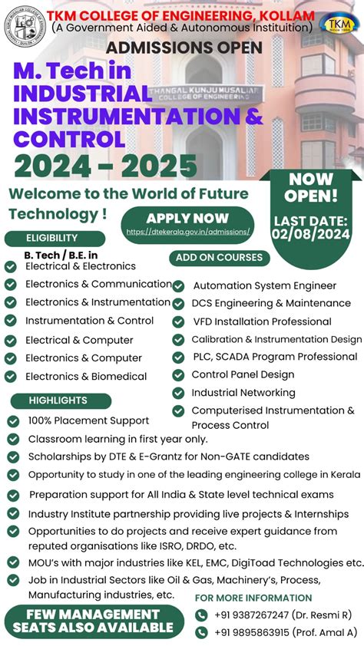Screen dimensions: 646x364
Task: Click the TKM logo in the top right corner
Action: [x=339, y=23]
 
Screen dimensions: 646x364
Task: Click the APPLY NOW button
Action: [x=187, y=218]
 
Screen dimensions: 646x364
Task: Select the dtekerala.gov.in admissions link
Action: [x=188, y=231]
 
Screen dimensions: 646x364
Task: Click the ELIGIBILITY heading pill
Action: [x=52, y=238]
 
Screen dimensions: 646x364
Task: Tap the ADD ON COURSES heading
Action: [x=219, y=258]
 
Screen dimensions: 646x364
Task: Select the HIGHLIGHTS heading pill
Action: [x=58, y=400]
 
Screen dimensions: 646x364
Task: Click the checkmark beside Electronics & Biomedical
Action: [x=11, y=377]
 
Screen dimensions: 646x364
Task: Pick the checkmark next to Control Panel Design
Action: [x=178, y=375]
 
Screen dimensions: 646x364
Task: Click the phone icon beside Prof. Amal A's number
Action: [x=201, y=632]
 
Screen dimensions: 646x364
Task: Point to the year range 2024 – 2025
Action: [x=105, y=165]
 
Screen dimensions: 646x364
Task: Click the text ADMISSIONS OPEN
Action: [x=184, y=48]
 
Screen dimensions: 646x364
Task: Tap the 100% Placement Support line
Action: [x=88, y=420]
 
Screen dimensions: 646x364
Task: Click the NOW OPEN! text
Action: [x=311, y=187]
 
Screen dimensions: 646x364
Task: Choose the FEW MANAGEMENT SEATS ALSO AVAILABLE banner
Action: [x=93, y=621]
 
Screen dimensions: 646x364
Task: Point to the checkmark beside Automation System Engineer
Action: [x=178, y=285]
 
